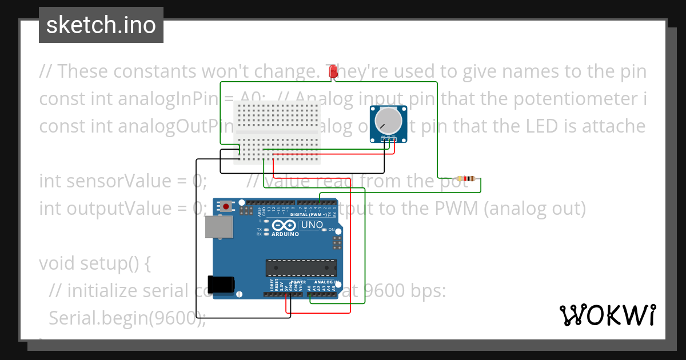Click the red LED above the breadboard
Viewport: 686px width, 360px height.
pos(333,71)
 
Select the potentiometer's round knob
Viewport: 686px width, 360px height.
pos(386,119)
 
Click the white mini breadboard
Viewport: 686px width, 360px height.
pos(277,132)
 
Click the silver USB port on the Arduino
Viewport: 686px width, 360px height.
pos(219,227)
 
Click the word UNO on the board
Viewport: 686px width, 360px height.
pos(312,225)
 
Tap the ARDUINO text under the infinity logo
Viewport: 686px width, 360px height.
pos(285,234)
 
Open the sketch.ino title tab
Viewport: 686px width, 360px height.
pos(101,25)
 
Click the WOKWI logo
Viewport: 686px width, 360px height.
pos(607,315)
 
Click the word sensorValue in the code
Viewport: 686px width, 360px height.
pos(120,181)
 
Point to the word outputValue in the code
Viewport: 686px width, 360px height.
pos(119,209)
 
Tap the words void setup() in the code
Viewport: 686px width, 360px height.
pos(95,263)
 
